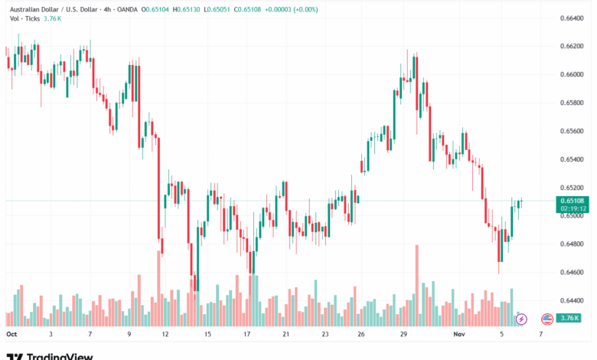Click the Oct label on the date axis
coord(11,335)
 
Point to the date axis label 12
coord(165,335)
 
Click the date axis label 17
coord(247,335)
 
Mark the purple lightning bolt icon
coord(521,319)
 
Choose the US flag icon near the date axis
coord(546,319)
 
